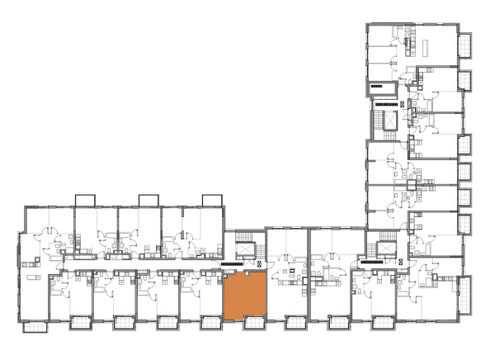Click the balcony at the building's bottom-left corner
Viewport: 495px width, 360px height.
(x=35, y=328)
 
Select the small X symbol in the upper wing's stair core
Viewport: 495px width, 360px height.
(x=402, y=105)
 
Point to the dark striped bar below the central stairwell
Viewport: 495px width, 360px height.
(x=231, y=264)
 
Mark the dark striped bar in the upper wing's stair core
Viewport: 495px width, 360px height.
(x=385, y=105)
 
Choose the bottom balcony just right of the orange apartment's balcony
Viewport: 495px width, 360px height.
(x=295, y=323)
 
